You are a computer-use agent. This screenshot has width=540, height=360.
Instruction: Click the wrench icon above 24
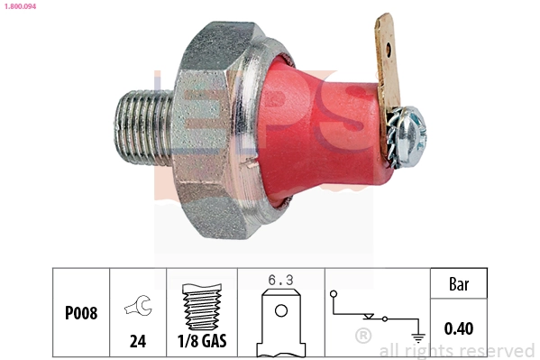[138, 306]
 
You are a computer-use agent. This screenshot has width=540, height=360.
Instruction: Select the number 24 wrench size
[138, 342]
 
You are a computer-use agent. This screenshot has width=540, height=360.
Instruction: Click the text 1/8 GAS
[202, 342]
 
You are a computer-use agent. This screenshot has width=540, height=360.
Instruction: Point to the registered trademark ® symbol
[363, 337]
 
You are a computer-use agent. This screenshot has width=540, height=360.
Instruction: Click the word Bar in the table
[459, 283]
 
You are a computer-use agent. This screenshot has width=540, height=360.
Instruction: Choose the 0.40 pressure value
[459, 328]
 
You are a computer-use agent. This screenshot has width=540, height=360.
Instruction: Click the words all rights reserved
[456, 350]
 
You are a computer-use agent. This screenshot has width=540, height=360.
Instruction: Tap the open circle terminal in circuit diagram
[333, 293]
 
